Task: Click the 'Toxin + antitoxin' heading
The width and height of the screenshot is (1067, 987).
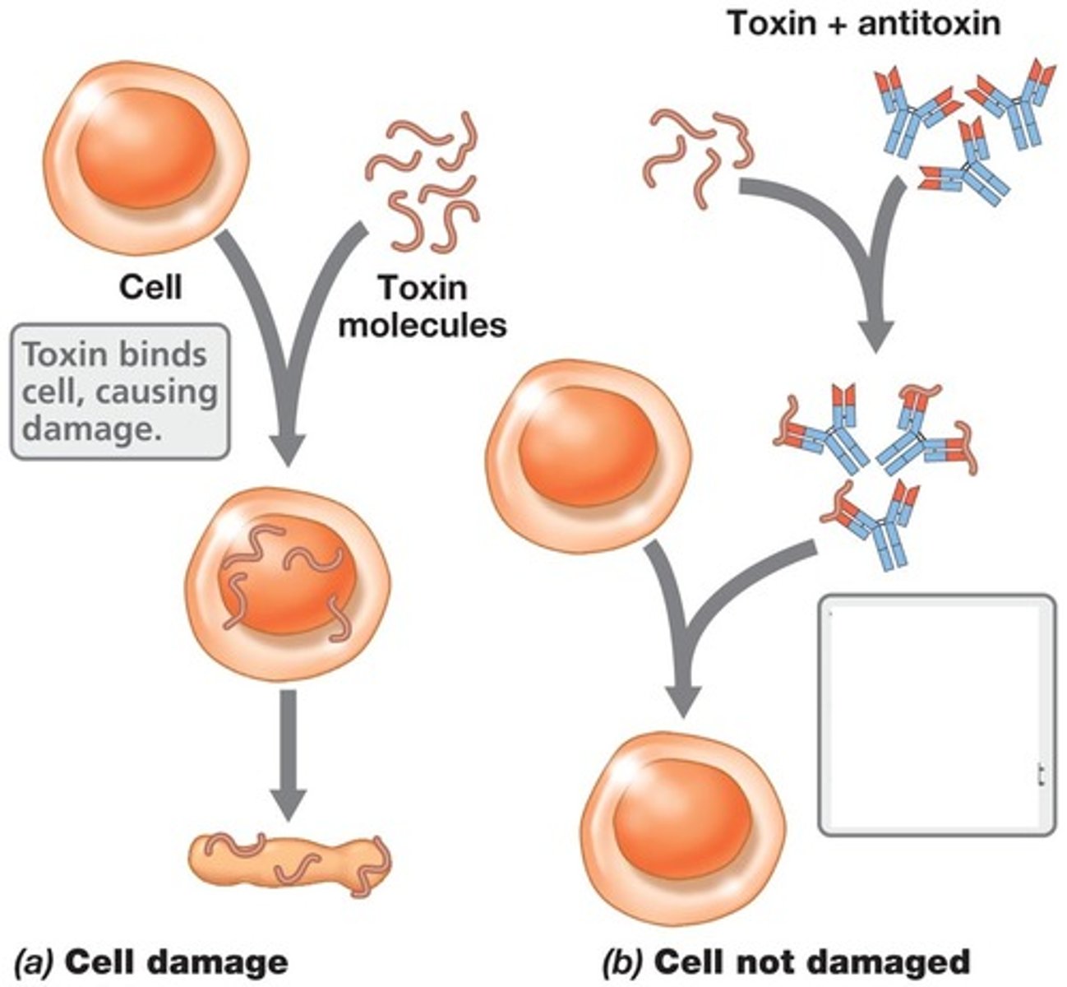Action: pyautogui.click(x=863, y=22)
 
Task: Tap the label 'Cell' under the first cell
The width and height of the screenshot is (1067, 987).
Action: pyautogui.click(x=150, y=288)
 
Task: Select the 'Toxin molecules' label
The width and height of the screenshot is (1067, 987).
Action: pyautogui.click(x=423, y=306)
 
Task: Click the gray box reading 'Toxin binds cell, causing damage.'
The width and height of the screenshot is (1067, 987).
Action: pyautogui.click(x=119, y=392)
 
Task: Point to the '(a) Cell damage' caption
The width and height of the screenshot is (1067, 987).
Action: pyautogui.click(x=151, y=962)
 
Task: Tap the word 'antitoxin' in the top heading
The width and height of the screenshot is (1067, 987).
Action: pyautogui.click(x=929, y=22)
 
